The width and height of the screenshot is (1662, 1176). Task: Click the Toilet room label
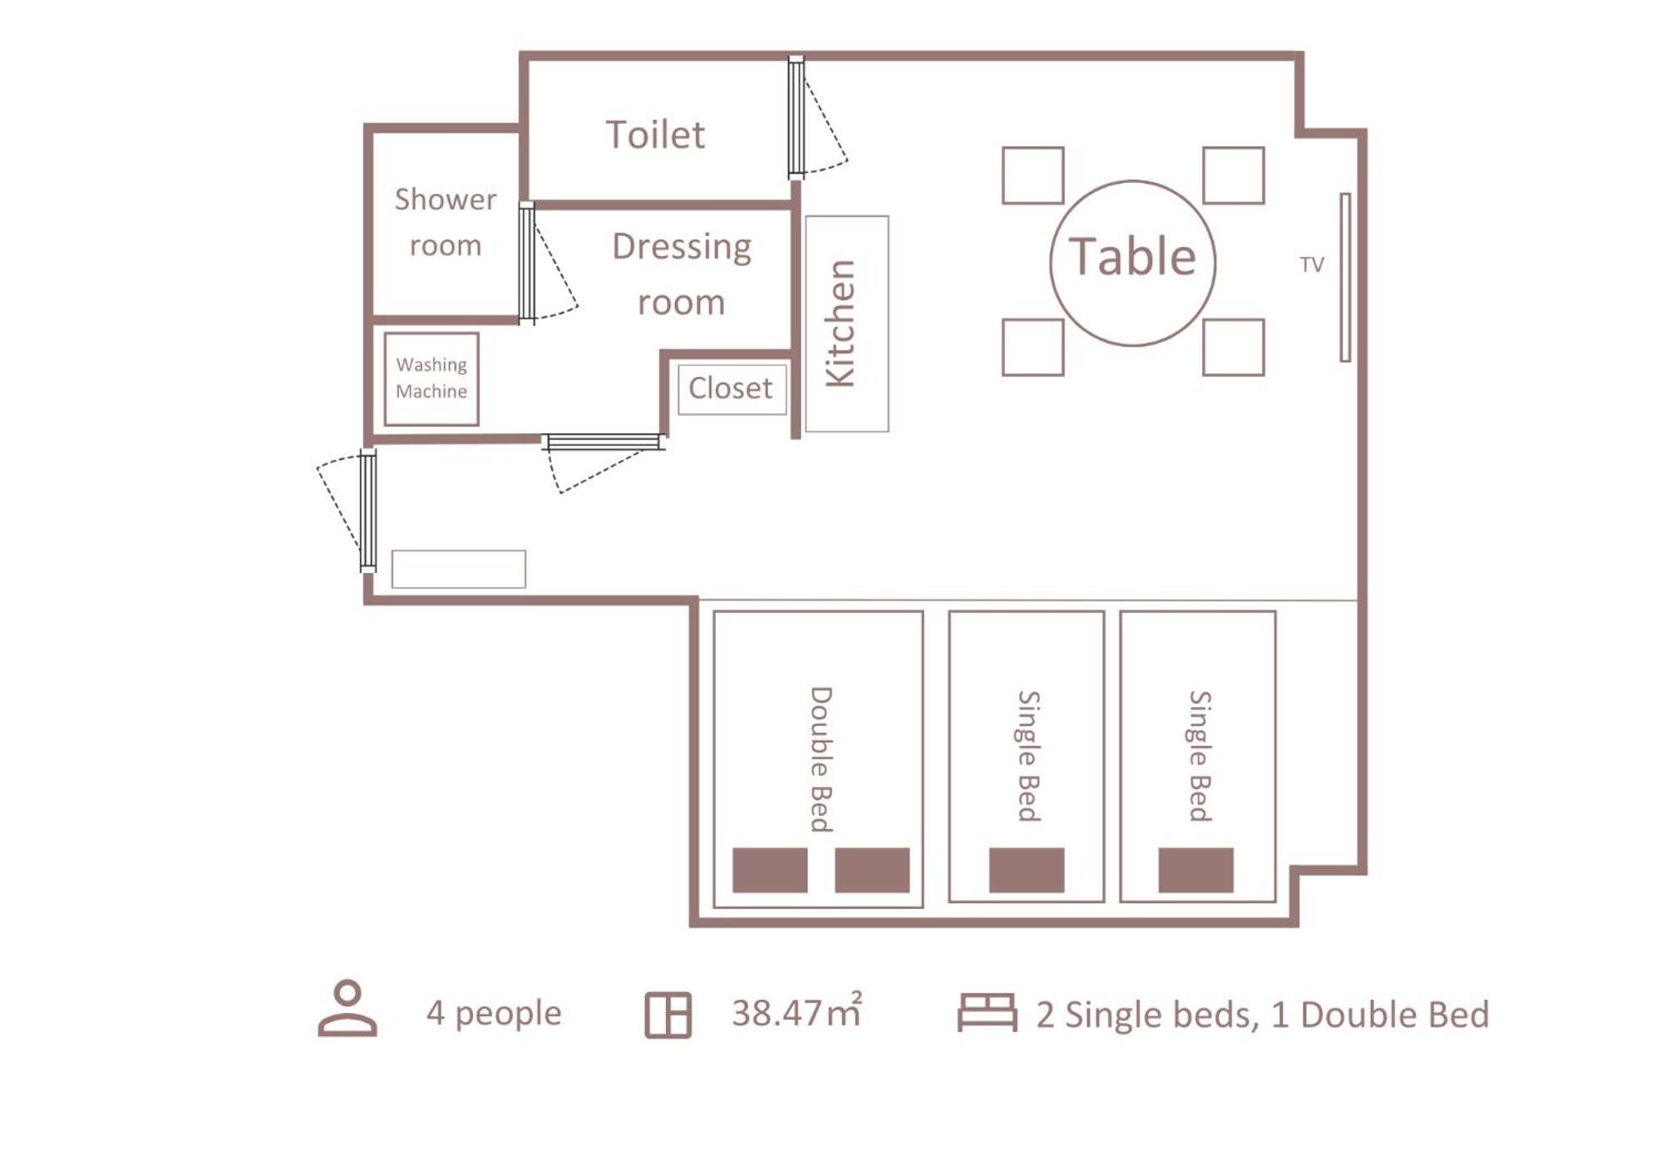[655, 135]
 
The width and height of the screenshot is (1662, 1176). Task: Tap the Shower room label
[445, 222]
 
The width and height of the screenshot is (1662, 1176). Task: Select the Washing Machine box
[432, 379]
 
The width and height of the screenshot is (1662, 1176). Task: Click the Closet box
[732, 389]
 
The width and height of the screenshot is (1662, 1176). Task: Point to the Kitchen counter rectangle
[846, 324]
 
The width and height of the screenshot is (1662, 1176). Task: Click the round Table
[1132, 263]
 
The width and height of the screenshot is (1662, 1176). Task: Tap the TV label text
[1311, 264]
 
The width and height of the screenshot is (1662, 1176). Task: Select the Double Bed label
[821, 758]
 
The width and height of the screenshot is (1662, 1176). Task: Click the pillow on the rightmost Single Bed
[1196, 870]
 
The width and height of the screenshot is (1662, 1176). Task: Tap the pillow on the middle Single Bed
[1026, 870]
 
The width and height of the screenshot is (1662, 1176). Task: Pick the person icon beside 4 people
[348, 1008]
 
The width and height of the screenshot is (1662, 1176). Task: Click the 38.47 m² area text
[796, 1012]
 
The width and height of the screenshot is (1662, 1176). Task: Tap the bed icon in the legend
[987, 1012]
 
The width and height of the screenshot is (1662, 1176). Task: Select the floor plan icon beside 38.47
[668, 1015]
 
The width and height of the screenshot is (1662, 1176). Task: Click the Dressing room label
[682, 274]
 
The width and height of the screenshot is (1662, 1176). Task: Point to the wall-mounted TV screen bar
[1345, 277]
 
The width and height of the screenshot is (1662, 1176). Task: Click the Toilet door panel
[796, 117]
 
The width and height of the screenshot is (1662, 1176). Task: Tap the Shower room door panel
[526, 262]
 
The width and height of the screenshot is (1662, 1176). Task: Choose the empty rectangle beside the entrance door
[458, 569]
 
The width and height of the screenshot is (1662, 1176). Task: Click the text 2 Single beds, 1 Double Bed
[1262, 1015]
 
